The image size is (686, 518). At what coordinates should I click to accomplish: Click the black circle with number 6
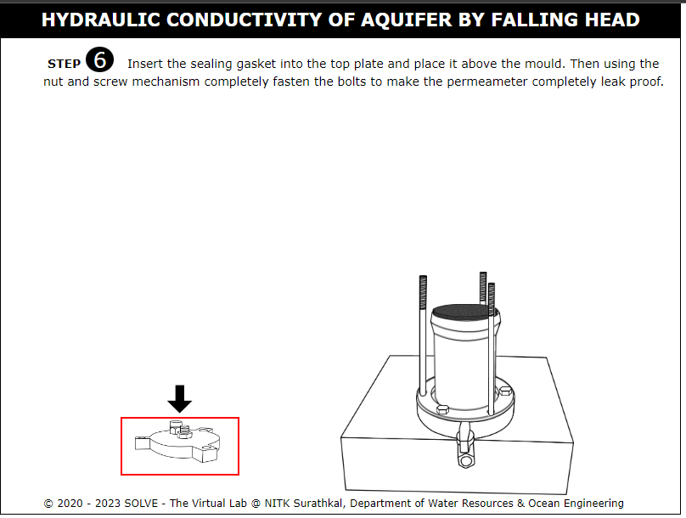click(x=99, y=60)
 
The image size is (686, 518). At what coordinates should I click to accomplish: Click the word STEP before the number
click(x=64, y=64)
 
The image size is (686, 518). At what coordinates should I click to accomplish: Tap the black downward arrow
click(x=179, y=398)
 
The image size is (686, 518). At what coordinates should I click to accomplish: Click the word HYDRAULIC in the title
click(x=101, y=20)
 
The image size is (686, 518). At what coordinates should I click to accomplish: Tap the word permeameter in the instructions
click(x=487, y=82)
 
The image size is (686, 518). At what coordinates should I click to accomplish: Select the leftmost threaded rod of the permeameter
click(x=423, y=335)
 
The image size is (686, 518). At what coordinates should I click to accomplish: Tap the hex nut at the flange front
click(x=442, y=409)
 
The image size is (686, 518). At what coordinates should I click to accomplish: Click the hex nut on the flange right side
click(x=506, y=391)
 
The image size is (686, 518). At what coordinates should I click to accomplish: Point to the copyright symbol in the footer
click(x=48, y=504)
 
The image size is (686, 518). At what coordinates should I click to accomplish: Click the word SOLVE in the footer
click(x=141, y=503)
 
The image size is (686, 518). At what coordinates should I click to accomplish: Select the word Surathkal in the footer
click(x=318, y=503)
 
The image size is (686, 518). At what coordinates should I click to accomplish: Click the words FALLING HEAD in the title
click(x=565, y=20)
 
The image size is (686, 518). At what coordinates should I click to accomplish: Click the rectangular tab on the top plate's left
click(x=142, y=442)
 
